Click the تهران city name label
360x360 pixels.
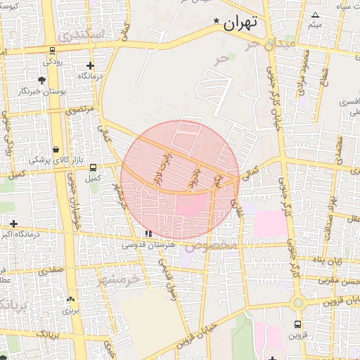click(x=241, y=22)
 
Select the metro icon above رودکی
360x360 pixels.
click(x=52, y=51)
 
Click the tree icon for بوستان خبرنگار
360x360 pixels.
click(x=43, y=80)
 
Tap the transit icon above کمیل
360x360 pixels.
click(x=94, y=167)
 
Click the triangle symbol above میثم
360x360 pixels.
click(x=316, y=15)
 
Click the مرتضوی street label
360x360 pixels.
click(x=79, y=110)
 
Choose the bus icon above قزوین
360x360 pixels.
click(x=297, y=325)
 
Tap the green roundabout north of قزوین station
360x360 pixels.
click(x=298, y=303)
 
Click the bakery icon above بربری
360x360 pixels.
click(x=70, y=299)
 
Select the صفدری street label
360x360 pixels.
click(x=51, y=269)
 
